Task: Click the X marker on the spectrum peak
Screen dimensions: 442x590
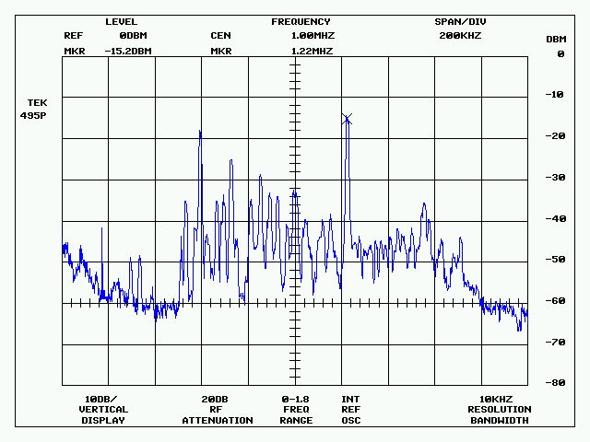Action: pos(347,118)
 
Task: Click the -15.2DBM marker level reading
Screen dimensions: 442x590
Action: pos(128,51)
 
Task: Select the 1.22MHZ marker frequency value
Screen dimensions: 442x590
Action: pos(312,51)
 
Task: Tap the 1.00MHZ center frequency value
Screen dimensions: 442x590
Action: pos(312,36)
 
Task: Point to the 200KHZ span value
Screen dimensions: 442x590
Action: pos(460,36)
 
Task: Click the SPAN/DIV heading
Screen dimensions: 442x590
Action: pos(460,21)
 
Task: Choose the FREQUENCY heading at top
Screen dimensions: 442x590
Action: pos(301,21)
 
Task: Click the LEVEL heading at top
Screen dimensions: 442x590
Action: pos(121,21)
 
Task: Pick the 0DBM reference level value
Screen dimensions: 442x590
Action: pos(134,36)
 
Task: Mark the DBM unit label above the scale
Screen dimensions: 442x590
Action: pos(556,39)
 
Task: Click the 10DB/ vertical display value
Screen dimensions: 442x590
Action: pos(102,399)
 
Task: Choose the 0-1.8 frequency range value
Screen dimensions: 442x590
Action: pos(296,399)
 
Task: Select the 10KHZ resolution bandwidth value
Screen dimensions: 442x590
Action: pos(499,399)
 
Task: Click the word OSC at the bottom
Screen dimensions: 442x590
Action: pos(350,421)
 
